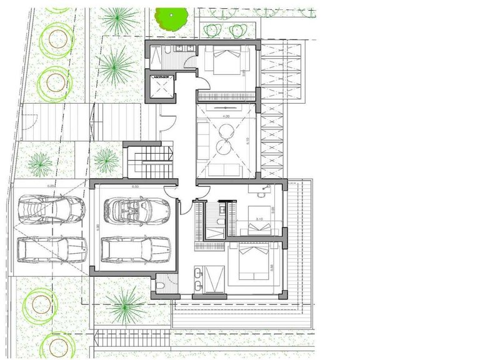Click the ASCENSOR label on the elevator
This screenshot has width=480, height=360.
point(160,77)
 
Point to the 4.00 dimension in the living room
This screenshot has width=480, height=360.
point(226,117)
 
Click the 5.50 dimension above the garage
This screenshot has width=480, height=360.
point(135,186)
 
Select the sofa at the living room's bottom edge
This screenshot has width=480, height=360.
point(222,169)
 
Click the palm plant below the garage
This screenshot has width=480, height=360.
point(125,307)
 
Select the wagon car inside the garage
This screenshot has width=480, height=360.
point(135,249)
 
